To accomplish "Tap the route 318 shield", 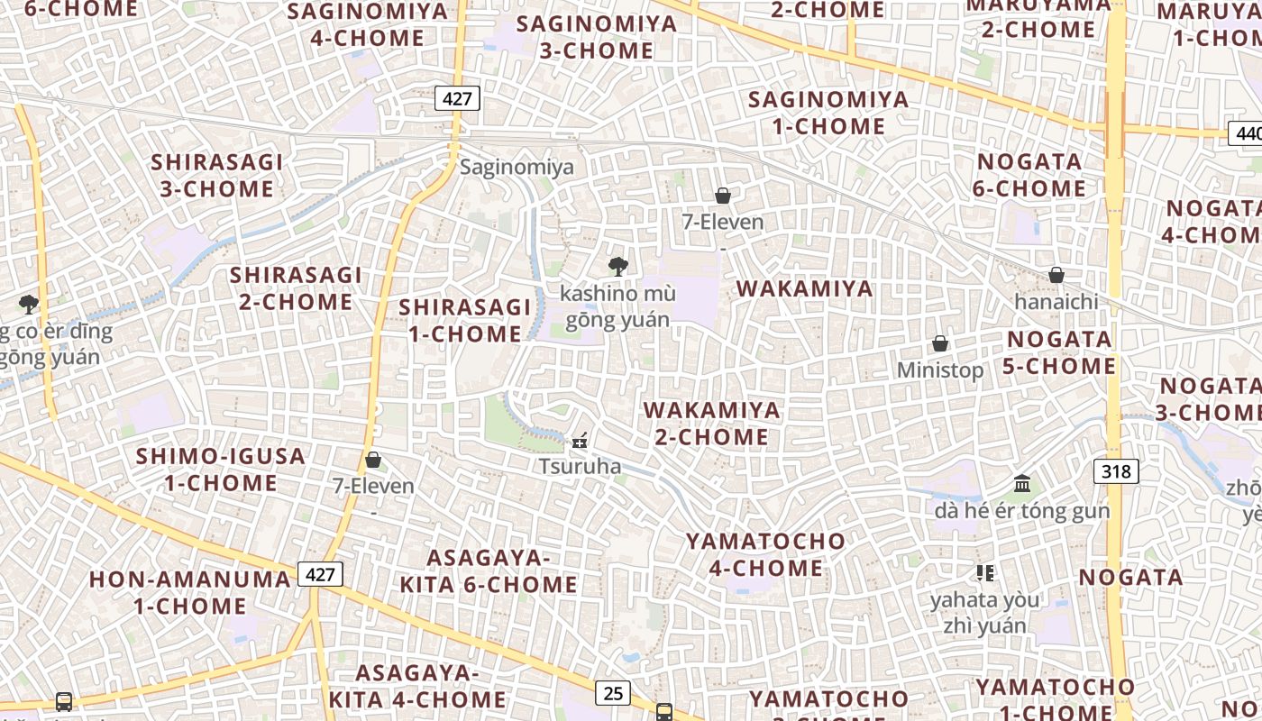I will [1116, 470].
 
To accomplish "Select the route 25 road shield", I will [613, 692].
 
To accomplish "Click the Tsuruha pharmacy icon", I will [581, 442].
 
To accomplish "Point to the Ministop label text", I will [940, 370].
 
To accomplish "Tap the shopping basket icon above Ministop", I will [940, 343].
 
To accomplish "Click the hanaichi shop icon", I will [1056, 275].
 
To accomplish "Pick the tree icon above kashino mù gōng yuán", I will [618, 266].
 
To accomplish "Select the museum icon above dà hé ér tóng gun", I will [1022, 484].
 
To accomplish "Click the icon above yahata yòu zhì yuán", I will [984, 572].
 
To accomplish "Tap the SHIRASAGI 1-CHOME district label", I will [465, 320].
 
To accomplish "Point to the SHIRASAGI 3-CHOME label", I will [216, 176].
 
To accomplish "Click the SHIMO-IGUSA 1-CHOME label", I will [221, 470].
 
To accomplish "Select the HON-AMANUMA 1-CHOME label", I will [190, 592].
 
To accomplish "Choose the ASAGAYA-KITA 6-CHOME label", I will [489, 571].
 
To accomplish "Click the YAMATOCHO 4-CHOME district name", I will [766, 554].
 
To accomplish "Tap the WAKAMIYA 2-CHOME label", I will [712, 424].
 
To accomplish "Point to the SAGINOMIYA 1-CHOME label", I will [829, 113].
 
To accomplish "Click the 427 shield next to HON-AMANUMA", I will [321, 574].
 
